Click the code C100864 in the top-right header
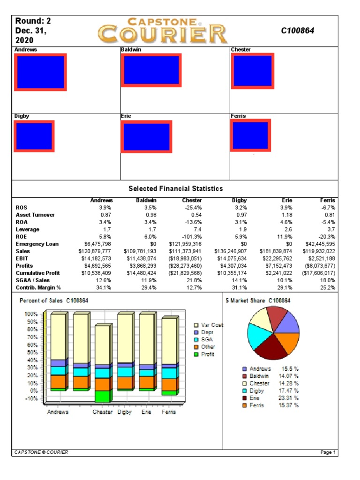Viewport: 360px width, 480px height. click(x=297, y=30)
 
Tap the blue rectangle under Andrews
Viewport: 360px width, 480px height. click(x=40, y=72)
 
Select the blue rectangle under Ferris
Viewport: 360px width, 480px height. click(x=250, y=135)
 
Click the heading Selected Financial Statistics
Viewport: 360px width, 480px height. click(x=175, y=188)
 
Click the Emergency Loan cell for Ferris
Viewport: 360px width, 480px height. click(x=318, y=244)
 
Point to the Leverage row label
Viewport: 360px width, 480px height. click(x=28, y=229)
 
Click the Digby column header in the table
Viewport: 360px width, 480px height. click(x=239, y=200)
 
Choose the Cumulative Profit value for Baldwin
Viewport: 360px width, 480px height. click(x=140, y=273)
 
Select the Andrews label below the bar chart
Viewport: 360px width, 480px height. click(x=58, y=412)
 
